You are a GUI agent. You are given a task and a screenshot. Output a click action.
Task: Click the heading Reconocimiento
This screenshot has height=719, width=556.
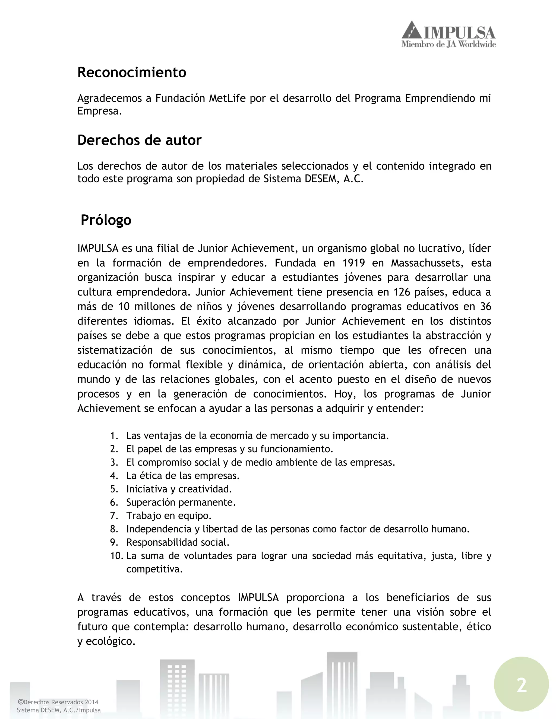point(131,72)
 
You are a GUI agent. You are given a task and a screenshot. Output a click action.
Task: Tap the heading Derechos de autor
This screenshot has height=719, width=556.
point(139,140)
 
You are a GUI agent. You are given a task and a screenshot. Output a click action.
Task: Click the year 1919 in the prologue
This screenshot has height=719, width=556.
point(353,263)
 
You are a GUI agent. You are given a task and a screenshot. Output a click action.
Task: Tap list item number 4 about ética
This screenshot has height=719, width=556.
point(183,476)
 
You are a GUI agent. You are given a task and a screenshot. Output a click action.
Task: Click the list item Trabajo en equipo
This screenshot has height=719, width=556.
point(169,516)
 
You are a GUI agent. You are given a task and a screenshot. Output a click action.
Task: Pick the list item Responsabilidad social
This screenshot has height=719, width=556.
point(178,542)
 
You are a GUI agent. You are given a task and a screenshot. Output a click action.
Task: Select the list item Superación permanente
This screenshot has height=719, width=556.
point(181,502)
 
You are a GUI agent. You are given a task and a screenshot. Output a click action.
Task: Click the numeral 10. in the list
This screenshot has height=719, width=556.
point(116,556)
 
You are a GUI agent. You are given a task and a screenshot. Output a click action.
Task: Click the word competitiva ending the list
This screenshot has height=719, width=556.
point(154,569)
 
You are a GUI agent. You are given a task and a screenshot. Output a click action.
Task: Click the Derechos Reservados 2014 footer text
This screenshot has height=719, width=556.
point(58,702)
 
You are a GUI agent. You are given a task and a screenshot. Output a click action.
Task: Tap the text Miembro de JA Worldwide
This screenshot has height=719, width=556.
point(448,44)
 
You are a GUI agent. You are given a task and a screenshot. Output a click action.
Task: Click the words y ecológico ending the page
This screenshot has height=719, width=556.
point(106,641)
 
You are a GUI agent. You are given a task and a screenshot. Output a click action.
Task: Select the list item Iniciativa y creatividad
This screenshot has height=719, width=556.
point(179,489)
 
